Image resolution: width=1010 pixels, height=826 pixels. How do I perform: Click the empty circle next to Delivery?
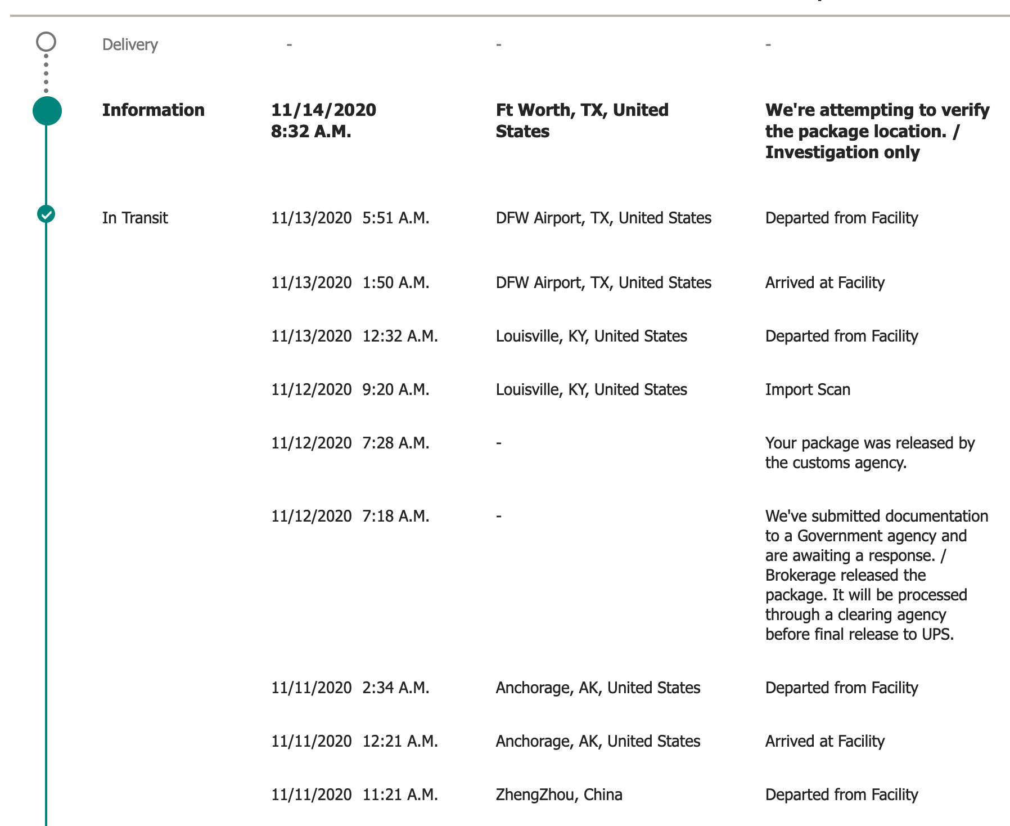(46, 42)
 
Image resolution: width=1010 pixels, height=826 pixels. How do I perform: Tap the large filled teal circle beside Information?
(47, 111)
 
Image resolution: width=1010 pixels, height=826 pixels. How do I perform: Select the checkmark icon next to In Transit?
(46, 214)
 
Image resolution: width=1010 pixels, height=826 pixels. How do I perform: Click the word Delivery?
(130, 44)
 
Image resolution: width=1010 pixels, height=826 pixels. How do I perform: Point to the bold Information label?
(153, 110)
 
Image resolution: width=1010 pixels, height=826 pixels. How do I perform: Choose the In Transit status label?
(135, 218)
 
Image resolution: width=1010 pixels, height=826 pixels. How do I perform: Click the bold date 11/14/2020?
(323, 110)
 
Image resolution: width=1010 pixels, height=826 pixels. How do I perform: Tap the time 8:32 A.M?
(311, 131)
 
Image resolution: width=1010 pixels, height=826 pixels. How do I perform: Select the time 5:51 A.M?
(396, 218)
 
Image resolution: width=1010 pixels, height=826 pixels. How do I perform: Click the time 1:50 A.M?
(396, 282)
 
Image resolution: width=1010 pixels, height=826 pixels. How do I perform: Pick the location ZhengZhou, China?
(559, 794)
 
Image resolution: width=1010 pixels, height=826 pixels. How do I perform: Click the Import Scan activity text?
(808, 389)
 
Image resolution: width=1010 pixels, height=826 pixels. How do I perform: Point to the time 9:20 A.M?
(396, 389)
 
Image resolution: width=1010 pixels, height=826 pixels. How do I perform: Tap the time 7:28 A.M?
(396, 443)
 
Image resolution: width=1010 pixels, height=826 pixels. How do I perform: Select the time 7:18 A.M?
(396, 516)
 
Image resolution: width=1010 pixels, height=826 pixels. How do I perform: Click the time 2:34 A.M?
(396, 688)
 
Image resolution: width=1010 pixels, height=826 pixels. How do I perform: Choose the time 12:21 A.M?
(400, 741)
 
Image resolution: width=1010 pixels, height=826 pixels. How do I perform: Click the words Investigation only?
(842, 152)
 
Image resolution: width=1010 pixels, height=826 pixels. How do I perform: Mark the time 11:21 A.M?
(400, 794)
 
